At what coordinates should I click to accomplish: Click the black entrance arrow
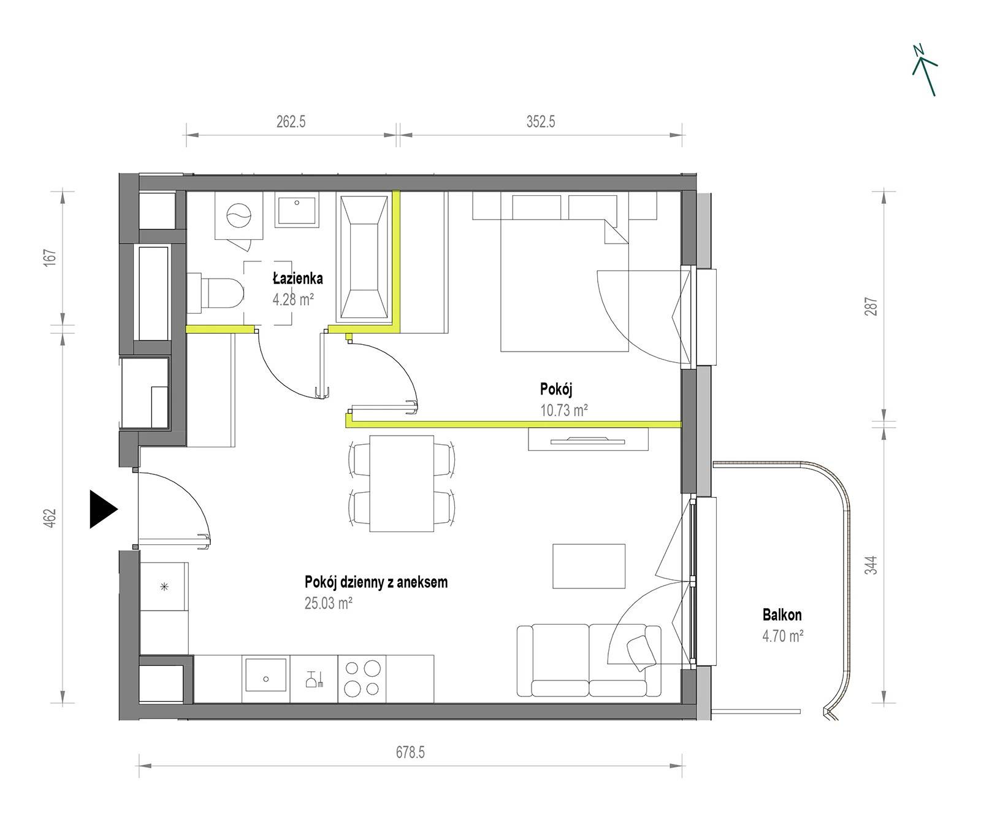point(102,509)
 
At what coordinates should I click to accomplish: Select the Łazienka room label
point(298,279)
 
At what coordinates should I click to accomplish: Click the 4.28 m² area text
point(294,299)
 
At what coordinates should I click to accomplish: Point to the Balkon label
point(782,614)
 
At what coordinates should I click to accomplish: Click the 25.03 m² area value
point(328,603)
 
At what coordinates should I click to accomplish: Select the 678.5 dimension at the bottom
point(410,752)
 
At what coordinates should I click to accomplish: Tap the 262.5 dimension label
point(291,121)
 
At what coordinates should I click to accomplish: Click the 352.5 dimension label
point(540,121)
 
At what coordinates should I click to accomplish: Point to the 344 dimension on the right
point(871,565)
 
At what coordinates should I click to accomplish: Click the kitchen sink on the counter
point(266,679)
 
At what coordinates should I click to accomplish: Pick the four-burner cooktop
point(362,678)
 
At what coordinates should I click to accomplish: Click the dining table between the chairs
point(402,484)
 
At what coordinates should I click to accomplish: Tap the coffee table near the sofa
point(589,566)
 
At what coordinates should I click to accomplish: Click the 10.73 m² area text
point(564,410)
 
